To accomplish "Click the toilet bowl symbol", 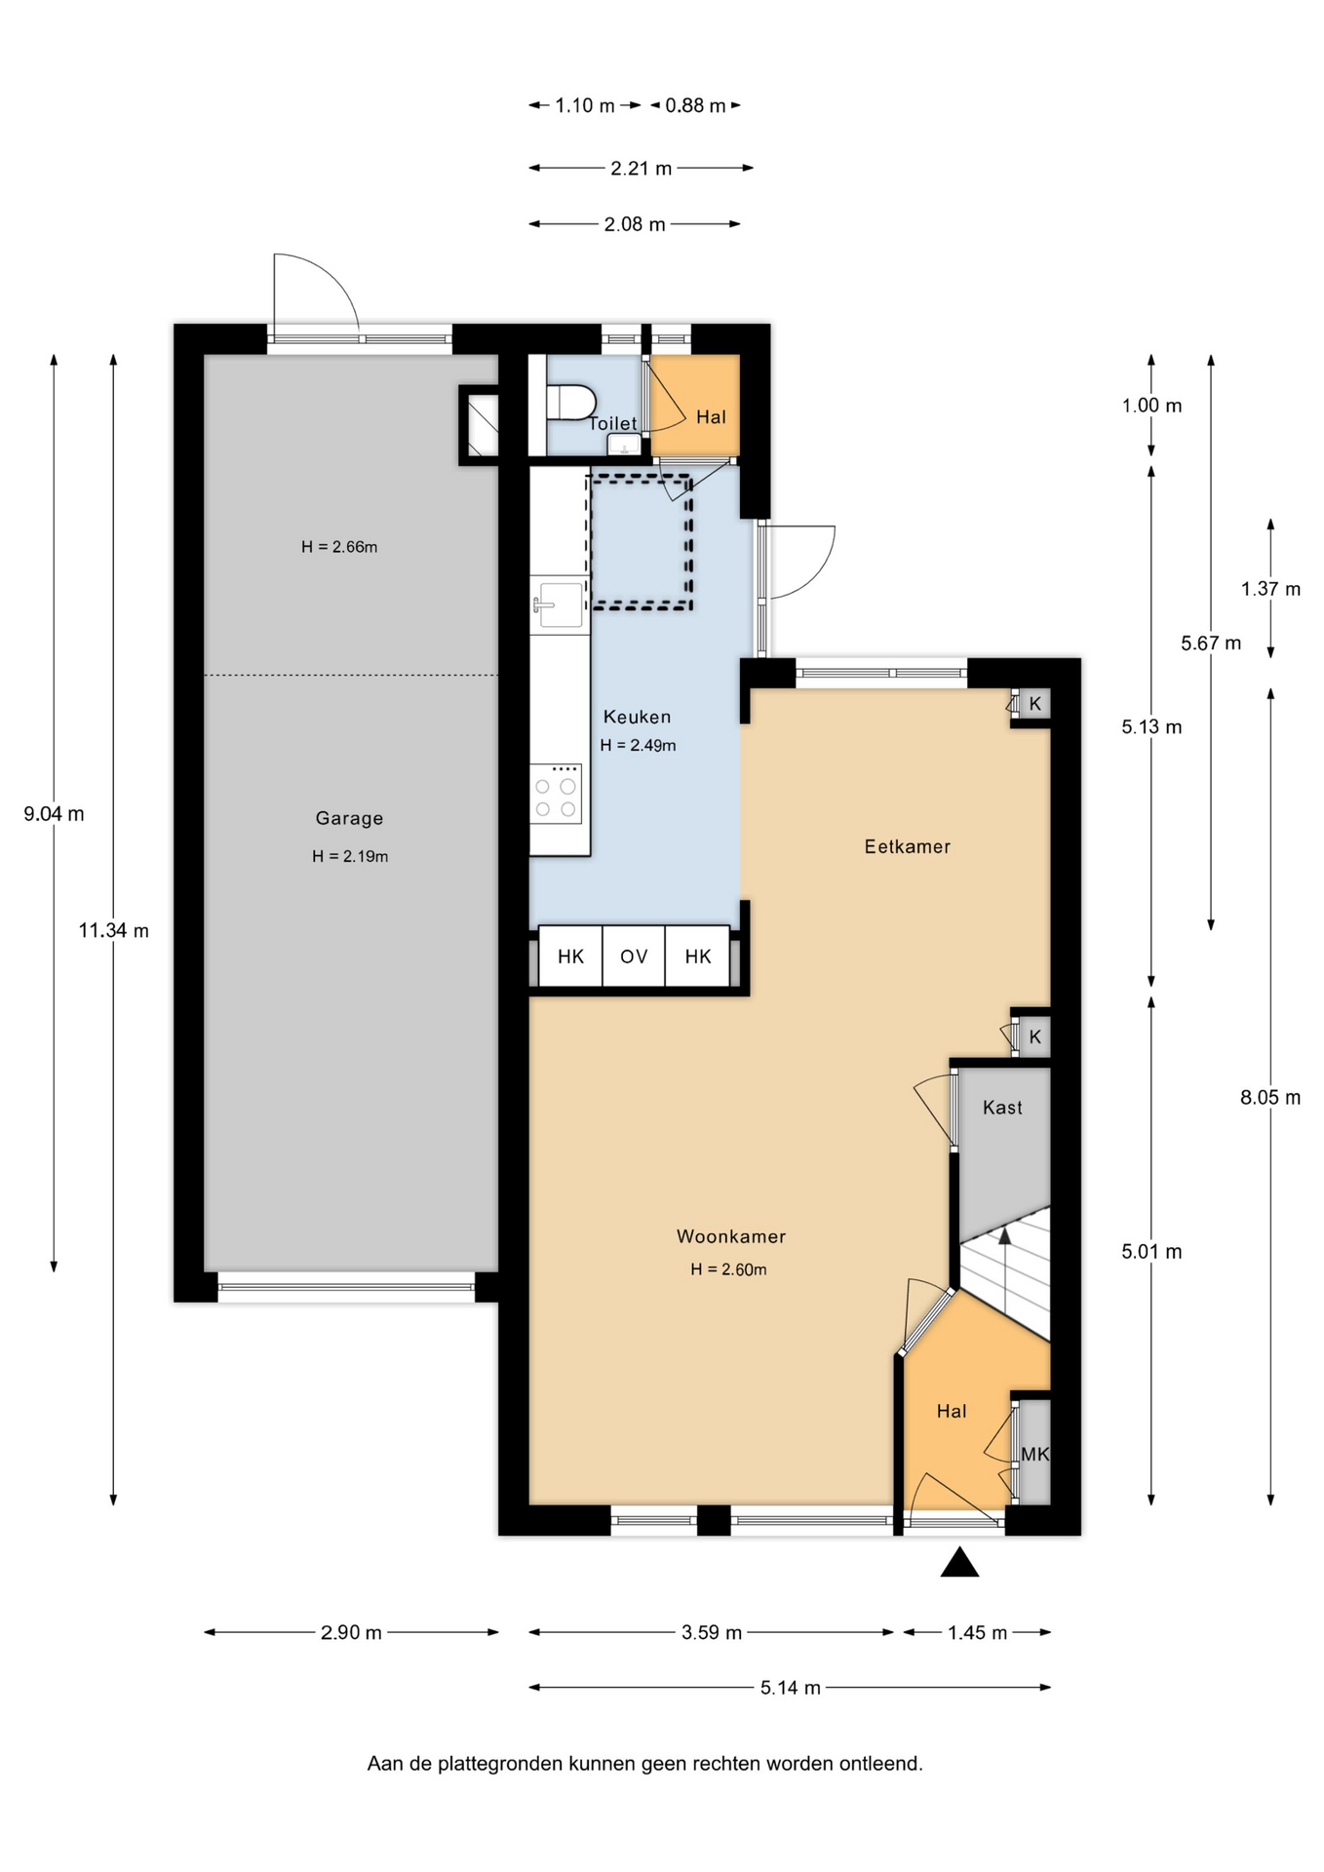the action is pos(571,402).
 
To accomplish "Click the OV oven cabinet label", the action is pos(634,956).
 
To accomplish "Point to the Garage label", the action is pos(349,818).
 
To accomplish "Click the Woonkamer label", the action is pos(731,1236).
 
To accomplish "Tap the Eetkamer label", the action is pos(908,846).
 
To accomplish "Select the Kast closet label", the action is pos(1002,1107).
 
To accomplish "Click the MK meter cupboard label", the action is pos(1034,1454).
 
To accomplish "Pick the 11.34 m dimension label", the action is pos(114,930).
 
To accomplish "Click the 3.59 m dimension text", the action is pos(712,1632).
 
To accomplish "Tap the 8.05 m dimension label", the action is pos(1270,1097).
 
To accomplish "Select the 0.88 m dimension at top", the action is pos(696,105).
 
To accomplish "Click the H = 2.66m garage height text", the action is pos(339,547).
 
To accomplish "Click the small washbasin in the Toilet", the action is pos(624,445).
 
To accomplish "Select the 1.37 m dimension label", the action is pos(1270,589).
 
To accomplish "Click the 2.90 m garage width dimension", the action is pos(351,1632).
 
